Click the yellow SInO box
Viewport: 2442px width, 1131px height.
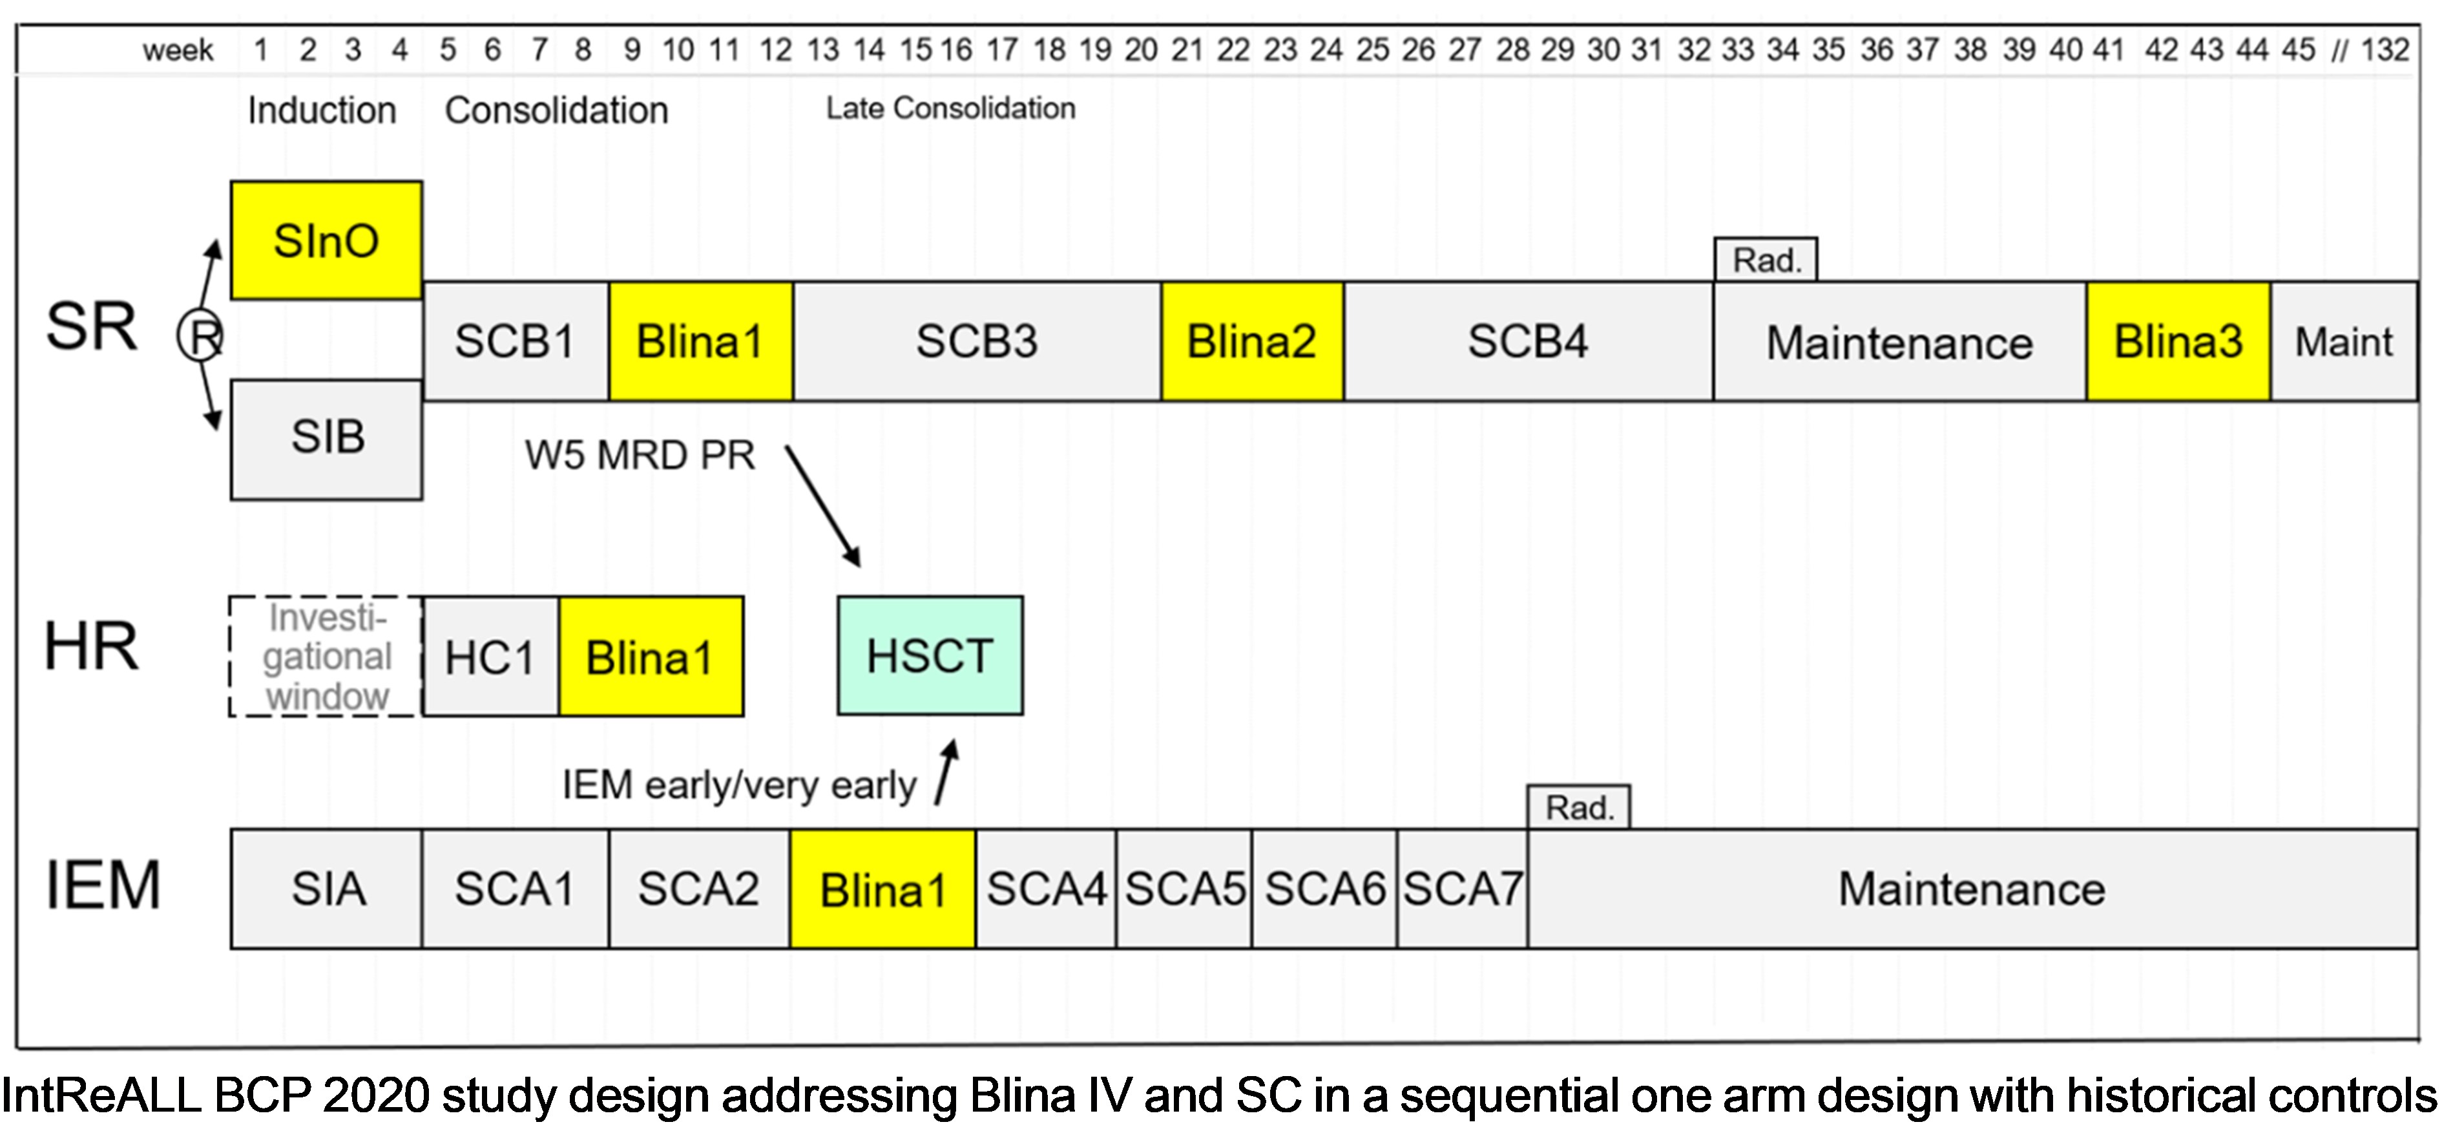click(x=326, y=241)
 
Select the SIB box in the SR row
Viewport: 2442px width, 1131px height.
click(x=327, y=439)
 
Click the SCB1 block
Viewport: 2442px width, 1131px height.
click(x=515, y=341)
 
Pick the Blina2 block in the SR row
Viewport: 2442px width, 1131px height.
click(x=1251, y=341)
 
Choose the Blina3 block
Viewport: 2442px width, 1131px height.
click(x=2178, y=341)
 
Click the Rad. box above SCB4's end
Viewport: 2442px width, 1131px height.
click(x=1765, y=260)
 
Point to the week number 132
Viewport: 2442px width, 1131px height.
click(x=2384, y=49)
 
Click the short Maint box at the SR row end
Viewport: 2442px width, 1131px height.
click(x=2343, y=341)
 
